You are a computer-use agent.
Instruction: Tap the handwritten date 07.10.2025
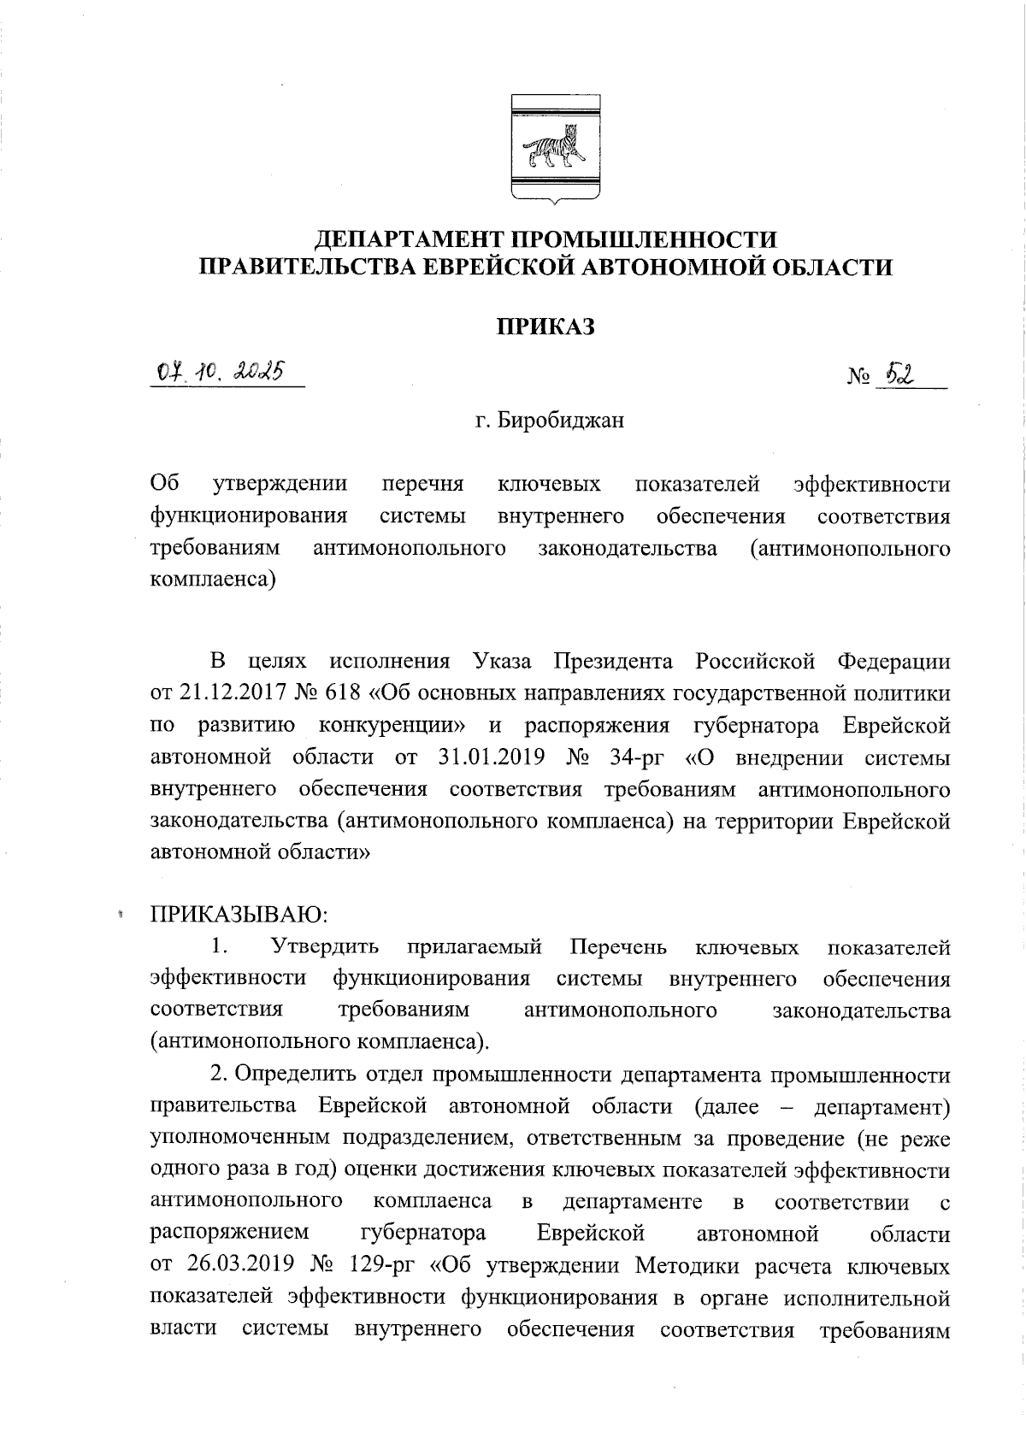pos(221,373)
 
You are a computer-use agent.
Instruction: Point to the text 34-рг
pos(636,758)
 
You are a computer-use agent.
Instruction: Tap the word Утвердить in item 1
pos(325,947)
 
